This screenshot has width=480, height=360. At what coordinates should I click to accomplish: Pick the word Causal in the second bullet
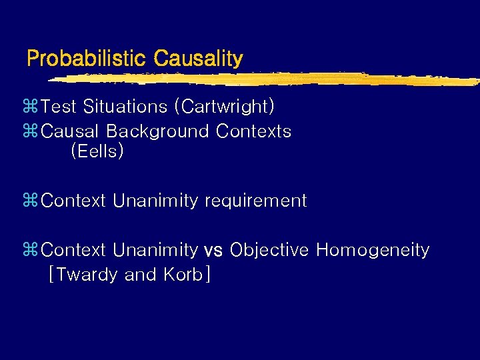point(69,131)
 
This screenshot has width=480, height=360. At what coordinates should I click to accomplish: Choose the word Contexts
point(253,131)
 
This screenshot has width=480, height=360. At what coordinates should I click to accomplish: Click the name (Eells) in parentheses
point(97,151)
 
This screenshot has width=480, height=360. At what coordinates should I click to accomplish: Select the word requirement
point(256,201)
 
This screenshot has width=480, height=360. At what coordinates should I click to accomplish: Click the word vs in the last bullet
point(213,251)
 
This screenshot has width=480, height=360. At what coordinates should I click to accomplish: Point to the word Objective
point(269,251)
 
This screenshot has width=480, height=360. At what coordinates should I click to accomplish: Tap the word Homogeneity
point(373,251)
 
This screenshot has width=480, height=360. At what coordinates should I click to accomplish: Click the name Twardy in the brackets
point(87,275)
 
